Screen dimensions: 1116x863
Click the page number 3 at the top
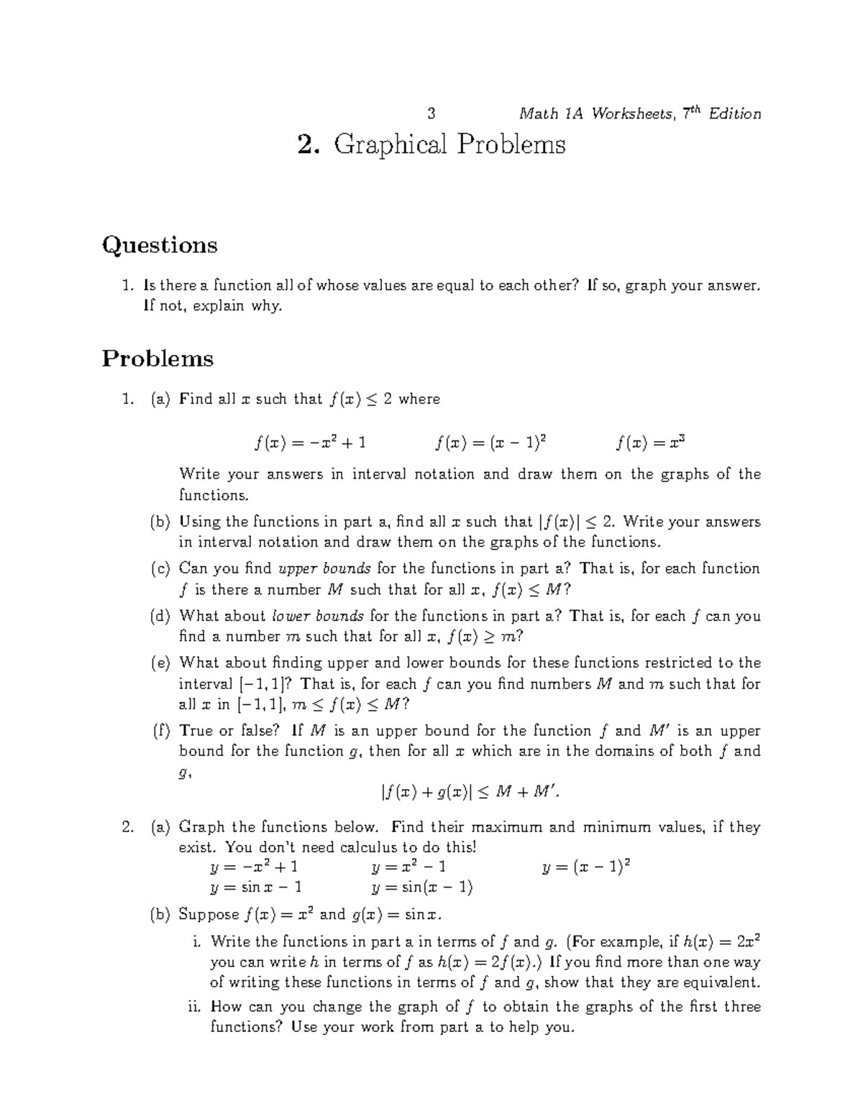click(431, 114)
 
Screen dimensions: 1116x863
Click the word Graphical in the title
click(386, 145)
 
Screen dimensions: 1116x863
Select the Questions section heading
click(160, 246)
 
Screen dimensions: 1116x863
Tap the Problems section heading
click(157, 358)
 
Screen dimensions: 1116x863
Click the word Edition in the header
click(734, 114)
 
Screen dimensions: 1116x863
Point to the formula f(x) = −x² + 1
click(310, 443)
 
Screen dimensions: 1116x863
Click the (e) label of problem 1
click(160, 663)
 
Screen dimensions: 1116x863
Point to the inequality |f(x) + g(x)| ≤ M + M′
click(470, 793)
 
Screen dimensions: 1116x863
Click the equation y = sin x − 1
click(255, 887)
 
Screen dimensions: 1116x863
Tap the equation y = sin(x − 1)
click(422, 887)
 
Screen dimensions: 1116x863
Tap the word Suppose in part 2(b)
click(209, 915)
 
